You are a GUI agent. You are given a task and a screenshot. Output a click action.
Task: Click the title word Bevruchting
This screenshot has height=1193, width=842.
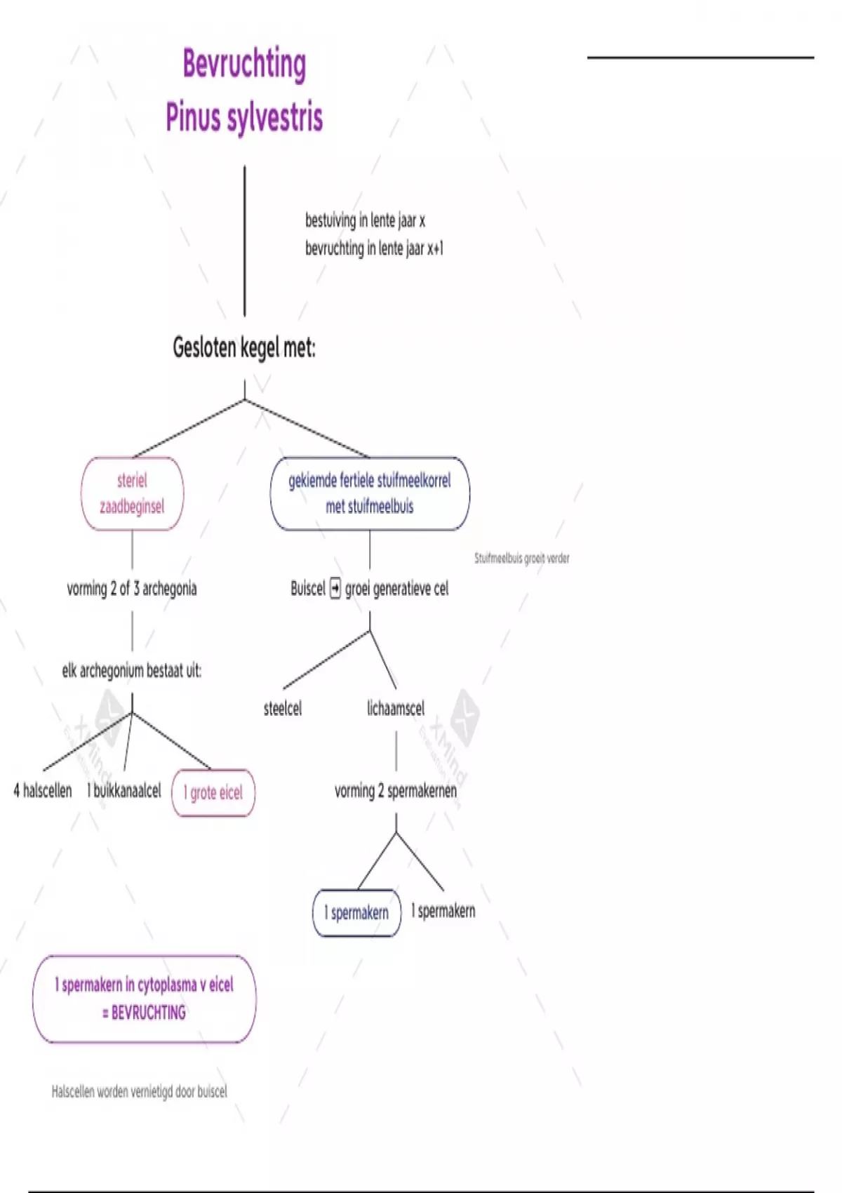coord(244,65)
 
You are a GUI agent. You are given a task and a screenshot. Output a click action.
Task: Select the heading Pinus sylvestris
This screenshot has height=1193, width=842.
coord(244,116)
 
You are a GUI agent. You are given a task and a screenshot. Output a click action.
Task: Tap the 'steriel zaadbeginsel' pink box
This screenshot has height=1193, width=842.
coord(132,493)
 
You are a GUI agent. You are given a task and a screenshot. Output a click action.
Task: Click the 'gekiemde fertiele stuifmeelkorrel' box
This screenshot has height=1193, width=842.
coord(370,493)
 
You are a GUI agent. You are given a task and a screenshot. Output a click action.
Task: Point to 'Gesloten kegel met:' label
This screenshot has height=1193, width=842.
coord(244,347)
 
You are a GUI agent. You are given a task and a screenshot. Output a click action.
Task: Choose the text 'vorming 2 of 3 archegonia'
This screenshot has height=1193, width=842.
coord(132,589)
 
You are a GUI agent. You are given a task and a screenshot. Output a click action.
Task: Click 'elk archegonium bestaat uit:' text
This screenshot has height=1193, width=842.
coord(132,671)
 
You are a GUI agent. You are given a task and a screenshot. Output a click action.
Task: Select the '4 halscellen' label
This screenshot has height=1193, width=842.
coord(43,791)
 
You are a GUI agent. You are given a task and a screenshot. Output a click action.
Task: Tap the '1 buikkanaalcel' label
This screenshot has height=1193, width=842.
coord(124,791)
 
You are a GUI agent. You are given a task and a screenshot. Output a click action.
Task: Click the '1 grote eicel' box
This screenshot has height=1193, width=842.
coord(213,793)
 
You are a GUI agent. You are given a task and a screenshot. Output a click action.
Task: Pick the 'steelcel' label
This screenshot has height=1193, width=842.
coord(283,709)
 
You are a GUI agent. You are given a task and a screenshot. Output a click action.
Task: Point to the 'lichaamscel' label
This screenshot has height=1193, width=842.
coord(396,709)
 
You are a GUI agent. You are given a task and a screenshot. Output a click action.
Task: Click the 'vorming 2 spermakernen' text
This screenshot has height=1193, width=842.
coord(396,791)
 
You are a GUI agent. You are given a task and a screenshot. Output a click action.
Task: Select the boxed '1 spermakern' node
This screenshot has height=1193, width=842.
coord(356,913)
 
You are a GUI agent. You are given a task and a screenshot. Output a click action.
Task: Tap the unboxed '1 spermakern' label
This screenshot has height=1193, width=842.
coord(443,911)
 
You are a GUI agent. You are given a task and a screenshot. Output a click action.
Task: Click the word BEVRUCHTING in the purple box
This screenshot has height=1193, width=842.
coord(149,1013)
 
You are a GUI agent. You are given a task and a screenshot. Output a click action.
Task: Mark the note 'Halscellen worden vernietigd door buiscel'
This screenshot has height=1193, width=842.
coord(140,1092)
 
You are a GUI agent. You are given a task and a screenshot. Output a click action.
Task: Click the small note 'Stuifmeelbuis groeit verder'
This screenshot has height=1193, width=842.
coord(522,559)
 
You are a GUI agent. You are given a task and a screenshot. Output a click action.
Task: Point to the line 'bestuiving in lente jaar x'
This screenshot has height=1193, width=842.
coord(365,220)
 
